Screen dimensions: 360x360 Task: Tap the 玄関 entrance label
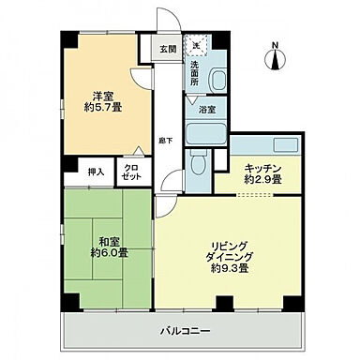point(166,49)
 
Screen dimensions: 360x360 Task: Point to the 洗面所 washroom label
point(195,73)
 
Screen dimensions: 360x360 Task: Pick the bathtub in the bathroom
point(206,130)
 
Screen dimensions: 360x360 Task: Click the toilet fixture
point(198,165)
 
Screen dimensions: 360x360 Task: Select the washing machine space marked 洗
point(197,44)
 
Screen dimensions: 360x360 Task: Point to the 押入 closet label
point(96,172)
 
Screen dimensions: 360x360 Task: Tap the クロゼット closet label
point(131,172)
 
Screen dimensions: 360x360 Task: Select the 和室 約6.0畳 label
point(109,246)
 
